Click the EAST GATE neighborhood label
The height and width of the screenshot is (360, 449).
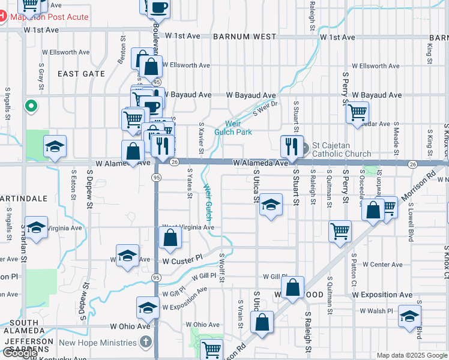(x=81, y=74)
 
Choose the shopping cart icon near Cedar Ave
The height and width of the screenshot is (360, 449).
(x=358, y=112)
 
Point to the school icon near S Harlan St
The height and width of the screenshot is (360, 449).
(x=36, y=227)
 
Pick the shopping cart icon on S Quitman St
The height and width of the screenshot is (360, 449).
(x=340, y=231)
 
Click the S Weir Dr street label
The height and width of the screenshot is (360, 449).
(x=266, y=108)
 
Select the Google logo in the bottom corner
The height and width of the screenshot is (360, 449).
(x=19, y=353)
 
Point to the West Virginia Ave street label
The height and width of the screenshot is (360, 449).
(x=188, y=227)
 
